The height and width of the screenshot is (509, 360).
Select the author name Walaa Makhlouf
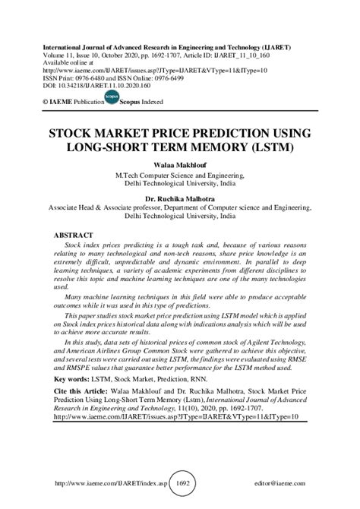click(180, 163)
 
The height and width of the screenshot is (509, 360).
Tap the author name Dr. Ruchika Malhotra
click(180, 195)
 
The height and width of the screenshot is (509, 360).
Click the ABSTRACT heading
click(74, 236)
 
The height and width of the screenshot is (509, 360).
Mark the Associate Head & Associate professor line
click(180, 206)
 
